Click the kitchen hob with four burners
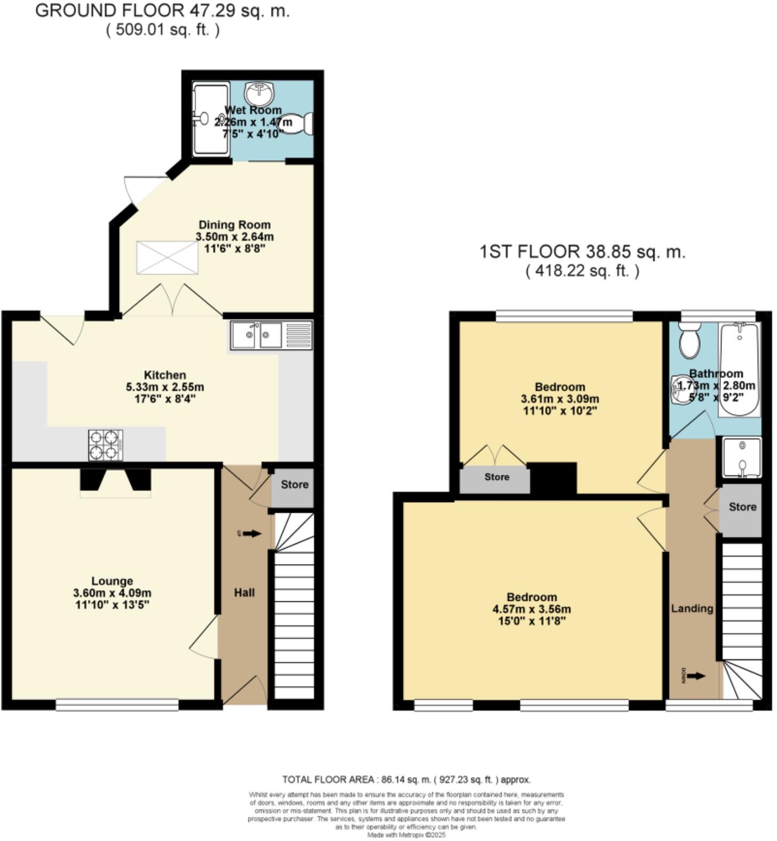(106, 445)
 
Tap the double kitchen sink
(257, 335)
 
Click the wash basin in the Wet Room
(259, 94)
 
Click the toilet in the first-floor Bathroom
(689, 341)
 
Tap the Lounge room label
(112, 581)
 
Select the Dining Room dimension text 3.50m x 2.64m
(235, 236)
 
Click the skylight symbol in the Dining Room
(167, 258)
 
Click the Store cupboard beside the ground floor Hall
(294, 485)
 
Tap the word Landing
(692, 608)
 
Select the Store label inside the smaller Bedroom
(496, 477)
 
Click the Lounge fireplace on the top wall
(116, 482)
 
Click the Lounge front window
(117, 705)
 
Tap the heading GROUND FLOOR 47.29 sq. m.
(162, 11)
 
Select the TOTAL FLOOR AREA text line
(406, 780)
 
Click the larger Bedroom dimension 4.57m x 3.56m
(532, 609)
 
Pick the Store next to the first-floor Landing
(742, 507)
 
